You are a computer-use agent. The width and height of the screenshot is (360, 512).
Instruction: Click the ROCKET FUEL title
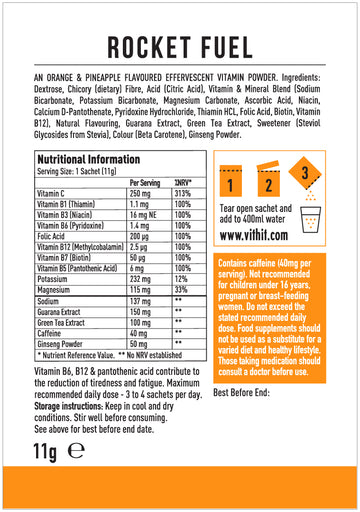[180, 49]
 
